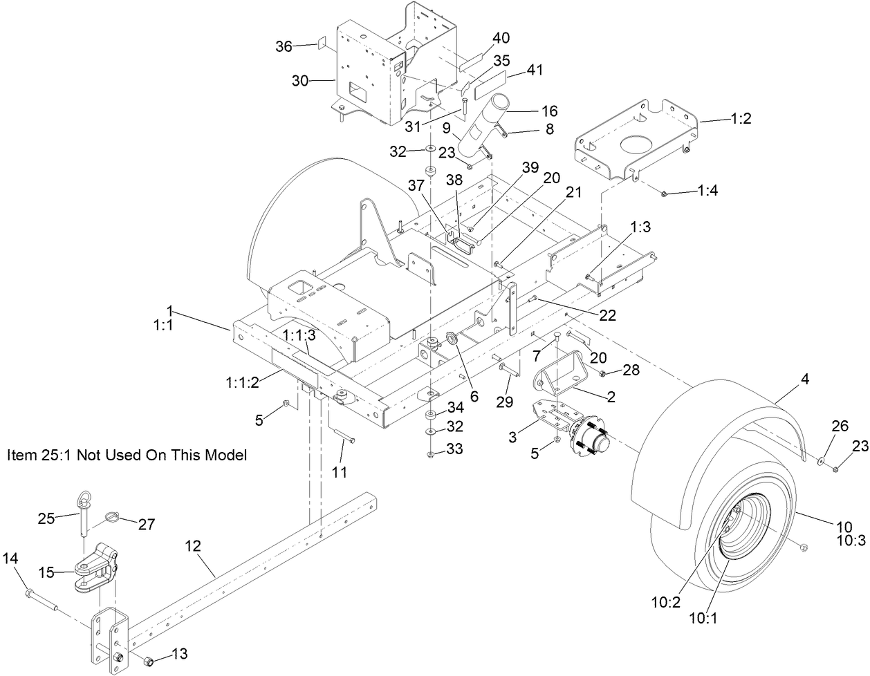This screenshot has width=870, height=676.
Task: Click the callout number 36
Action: (x=284, y=46)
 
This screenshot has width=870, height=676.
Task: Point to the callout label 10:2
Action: (x=665, y=602)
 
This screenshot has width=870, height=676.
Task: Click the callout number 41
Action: (x=535, y=70)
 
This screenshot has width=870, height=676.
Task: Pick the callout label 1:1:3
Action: (x=299, y=335)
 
